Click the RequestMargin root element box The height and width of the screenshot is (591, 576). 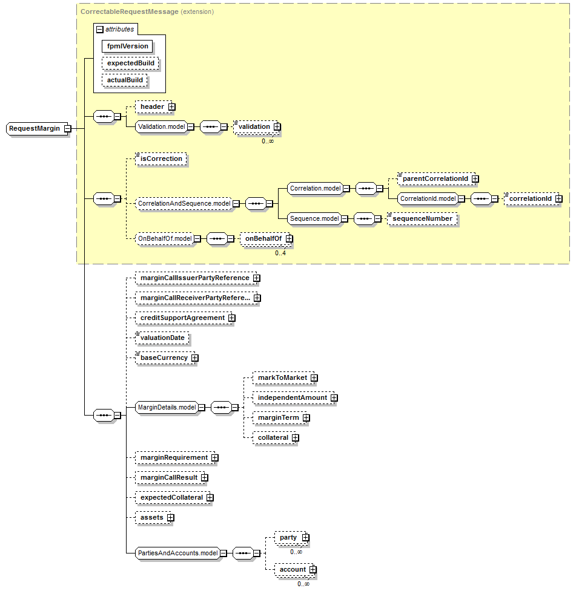click(x=35, y=128)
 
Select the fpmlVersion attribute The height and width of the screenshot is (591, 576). click(x=127, y=46)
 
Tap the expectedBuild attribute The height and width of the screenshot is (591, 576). click(x=130, y=63)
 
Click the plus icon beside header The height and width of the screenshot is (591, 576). click(x=171, y=107)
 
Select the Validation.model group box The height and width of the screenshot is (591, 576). click(x=161, y=126)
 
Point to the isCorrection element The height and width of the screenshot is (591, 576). click(x=161, y=159)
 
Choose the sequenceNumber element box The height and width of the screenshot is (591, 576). click(x=422, y=218)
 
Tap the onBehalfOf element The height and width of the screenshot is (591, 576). click(x=263, y=239)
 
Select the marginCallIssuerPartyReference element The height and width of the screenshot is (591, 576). click(x=194, y=278)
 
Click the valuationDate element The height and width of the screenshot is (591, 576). click(x=162, y=338)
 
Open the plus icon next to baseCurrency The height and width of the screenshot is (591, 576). click(x=194, y=358)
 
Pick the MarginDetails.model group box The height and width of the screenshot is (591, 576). click(x=167, y=407)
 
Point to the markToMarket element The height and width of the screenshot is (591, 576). click(x=282, y=377)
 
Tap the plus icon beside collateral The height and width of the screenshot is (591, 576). click(x=295, y=437)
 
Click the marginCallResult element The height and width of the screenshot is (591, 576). click(x=170, y=477)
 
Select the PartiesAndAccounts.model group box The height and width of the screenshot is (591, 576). click(x=177, y=552)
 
